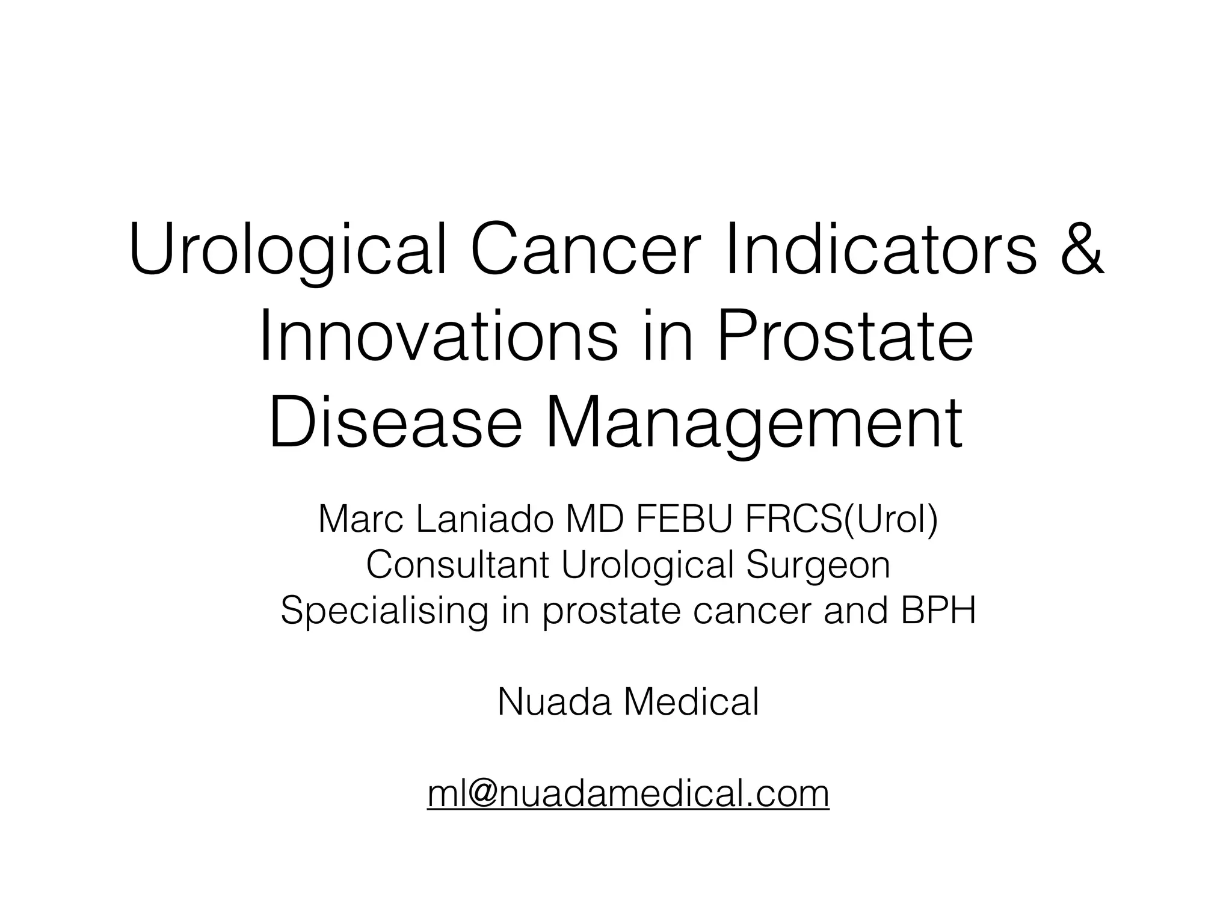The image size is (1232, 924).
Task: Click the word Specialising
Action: tap(384, 611)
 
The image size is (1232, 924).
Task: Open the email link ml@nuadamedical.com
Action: tap(628, 793)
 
